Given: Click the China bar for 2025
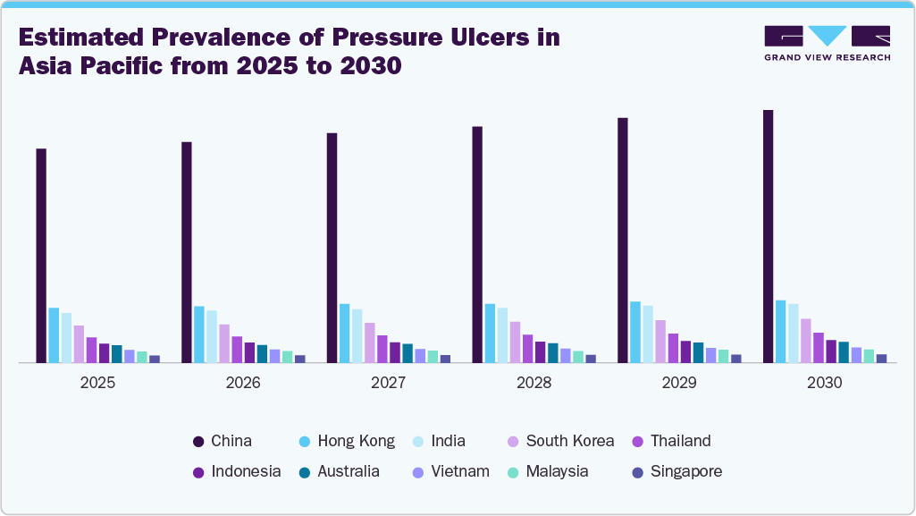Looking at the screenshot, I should [x=41, y=256].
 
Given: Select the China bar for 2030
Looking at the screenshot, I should [x=768, y=236].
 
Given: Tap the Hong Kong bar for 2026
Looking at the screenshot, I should [x=199, y=334].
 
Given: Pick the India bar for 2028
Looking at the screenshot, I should [x=502, y=335].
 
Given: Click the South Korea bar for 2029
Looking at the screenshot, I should [x=660, y=342].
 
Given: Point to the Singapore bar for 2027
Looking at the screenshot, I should [x=445, y=359].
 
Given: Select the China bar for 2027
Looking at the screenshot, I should [x=332, y=248].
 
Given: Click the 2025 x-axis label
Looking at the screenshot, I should [x=97, y=383].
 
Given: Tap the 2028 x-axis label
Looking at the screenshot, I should [x=534, y=383].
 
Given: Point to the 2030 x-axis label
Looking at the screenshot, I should [x=824, y=383].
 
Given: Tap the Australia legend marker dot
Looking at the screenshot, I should [x=306, y=472].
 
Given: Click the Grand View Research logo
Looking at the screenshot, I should [x=827, y=43].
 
